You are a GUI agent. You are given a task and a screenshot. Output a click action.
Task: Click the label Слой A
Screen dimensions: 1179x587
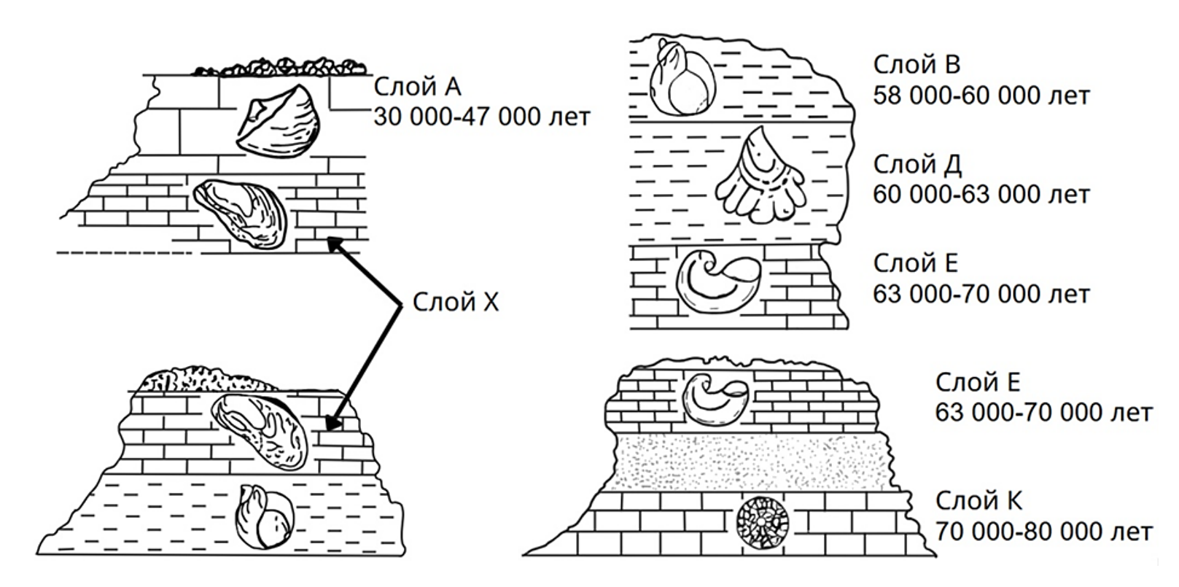(x=417, y=87)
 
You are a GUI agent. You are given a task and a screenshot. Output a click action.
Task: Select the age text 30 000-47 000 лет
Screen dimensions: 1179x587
(x=482, y=117)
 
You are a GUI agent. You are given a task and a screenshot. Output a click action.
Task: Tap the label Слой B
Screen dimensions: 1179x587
(x=917, y=65)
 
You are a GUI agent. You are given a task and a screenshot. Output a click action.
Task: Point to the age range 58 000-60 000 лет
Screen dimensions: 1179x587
(x=981, y=96)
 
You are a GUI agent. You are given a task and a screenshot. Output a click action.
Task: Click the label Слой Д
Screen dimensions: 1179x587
(x=917, y=165)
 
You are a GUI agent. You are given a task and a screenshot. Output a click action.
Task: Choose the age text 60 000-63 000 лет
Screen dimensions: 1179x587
(x=981, y=195)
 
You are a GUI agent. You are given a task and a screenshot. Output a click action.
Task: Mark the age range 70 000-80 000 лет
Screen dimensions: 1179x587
(x=1044, y=532)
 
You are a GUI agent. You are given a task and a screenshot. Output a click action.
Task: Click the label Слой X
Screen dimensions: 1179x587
(x=455, y=302)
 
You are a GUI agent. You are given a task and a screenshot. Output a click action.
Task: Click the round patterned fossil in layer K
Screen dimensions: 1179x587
(x=762, y=522)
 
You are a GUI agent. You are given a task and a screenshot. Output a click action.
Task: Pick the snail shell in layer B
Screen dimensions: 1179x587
(x=682, y=77)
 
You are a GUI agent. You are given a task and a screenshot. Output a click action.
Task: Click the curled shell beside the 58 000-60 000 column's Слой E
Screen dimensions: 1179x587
(x=718, y=282)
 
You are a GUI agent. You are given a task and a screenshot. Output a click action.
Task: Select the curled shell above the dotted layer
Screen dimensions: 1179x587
(x=716, y=400)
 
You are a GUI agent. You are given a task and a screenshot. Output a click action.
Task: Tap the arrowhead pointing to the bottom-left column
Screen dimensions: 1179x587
(x=332, y=421)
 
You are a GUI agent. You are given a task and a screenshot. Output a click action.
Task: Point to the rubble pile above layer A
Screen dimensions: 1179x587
(x=280, y=66)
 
